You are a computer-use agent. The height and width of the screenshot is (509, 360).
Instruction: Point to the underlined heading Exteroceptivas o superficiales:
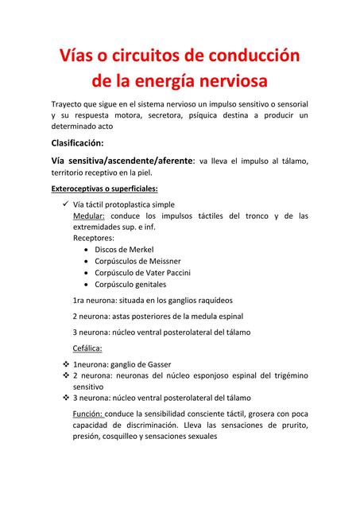coord(104,188)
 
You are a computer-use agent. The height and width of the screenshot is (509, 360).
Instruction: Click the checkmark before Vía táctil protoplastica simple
coord(65,204)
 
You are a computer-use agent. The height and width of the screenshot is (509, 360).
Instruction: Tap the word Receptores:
coord(93,237)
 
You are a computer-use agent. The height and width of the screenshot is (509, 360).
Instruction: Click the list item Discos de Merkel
coord(126,249)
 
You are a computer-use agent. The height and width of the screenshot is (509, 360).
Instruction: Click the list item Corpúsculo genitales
coord(130,284)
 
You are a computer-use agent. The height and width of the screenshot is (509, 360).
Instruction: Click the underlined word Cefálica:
coord(87,348)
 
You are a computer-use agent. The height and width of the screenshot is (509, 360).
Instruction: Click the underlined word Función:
coord(87,414)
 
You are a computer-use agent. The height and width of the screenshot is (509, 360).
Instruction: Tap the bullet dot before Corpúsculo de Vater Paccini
coord(86,273)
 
